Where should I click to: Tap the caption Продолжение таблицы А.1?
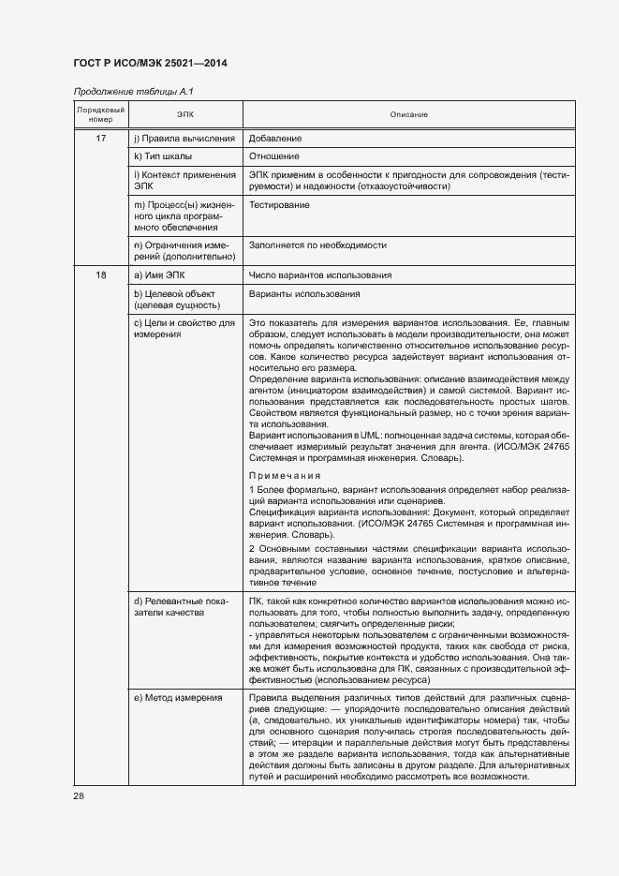click(x=132, y=92)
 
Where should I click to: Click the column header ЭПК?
click(x=185, y=115)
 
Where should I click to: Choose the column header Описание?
click(x=409, y=115)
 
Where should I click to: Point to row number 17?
click(x=100, y=139)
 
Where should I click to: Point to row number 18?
click(x=100, y=275)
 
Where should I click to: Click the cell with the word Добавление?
click(x=275, y=139)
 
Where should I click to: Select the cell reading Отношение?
click(x=274, y=156)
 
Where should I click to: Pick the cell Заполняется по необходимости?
click(x=318, y=245)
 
